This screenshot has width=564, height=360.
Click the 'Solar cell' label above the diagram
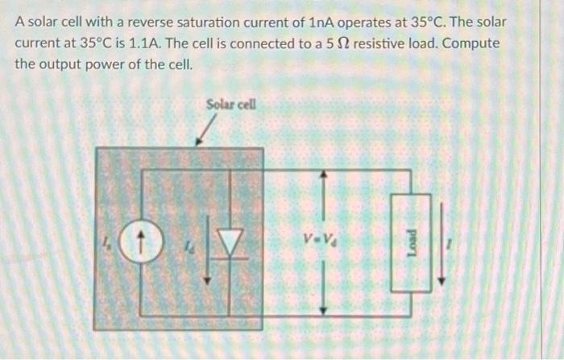click(x=230, y=104)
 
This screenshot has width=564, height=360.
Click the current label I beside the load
click(x=457, y=240)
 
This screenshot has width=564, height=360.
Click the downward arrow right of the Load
click(x=440, y=242)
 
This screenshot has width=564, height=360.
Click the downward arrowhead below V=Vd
click(x=324, y=311)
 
